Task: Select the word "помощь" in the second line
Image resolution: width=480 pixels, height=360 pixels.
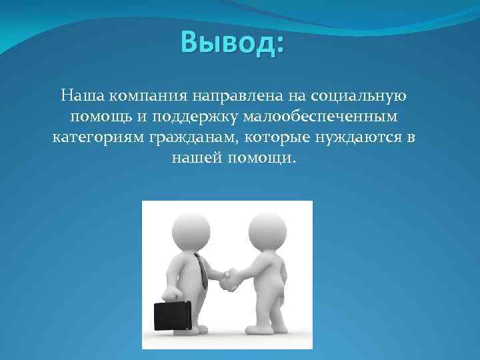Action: [x=96, y=117]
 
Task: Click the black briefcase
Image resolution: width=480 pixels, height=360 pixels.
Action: [x=172, y=315]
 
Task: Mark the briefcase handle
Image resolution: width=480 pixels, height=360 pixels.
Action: [x=171, y=299]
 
